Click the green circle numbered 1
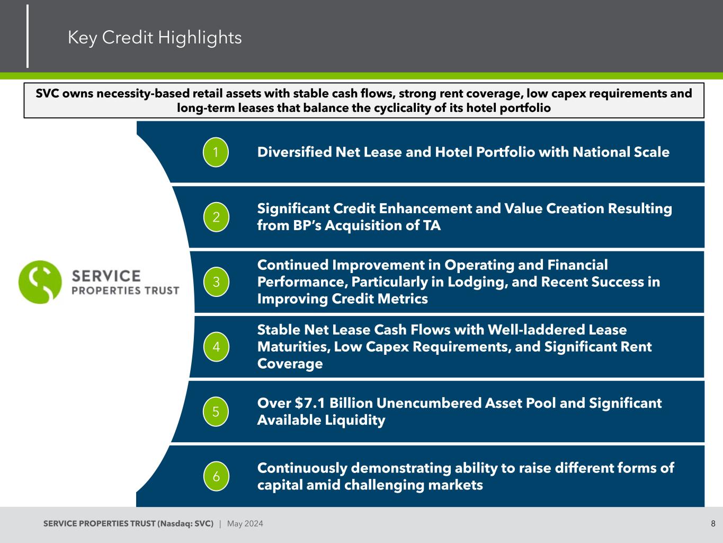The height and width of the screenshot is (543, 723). [216, 153]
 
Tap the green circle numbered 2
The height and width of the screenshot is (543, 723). [216, 217]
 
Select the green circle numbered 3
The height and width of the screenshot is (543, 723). [216, 282]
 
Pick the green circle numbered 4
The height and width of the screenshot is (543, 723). [216, 347]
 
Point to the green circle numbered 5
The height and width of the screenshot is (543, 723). [216, 411]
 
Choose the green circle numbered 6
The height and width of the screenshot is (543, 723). [216, 476]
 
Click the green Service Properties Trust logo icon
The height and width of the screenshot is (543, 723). [40, 282]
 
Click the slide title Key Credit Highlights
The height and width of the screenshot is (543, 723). [155, 38]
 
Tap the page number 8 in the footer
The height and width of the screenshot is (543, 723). [713, 524]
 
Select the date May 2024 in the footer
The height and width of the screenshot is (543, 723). [245, 524]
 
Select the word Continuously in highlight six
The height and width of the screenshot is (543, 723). [302, 468]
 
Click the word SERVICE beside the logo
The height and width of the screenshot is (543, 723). [106, 276]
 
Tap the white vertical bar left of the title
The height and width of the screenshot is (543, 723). [28, 36]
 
